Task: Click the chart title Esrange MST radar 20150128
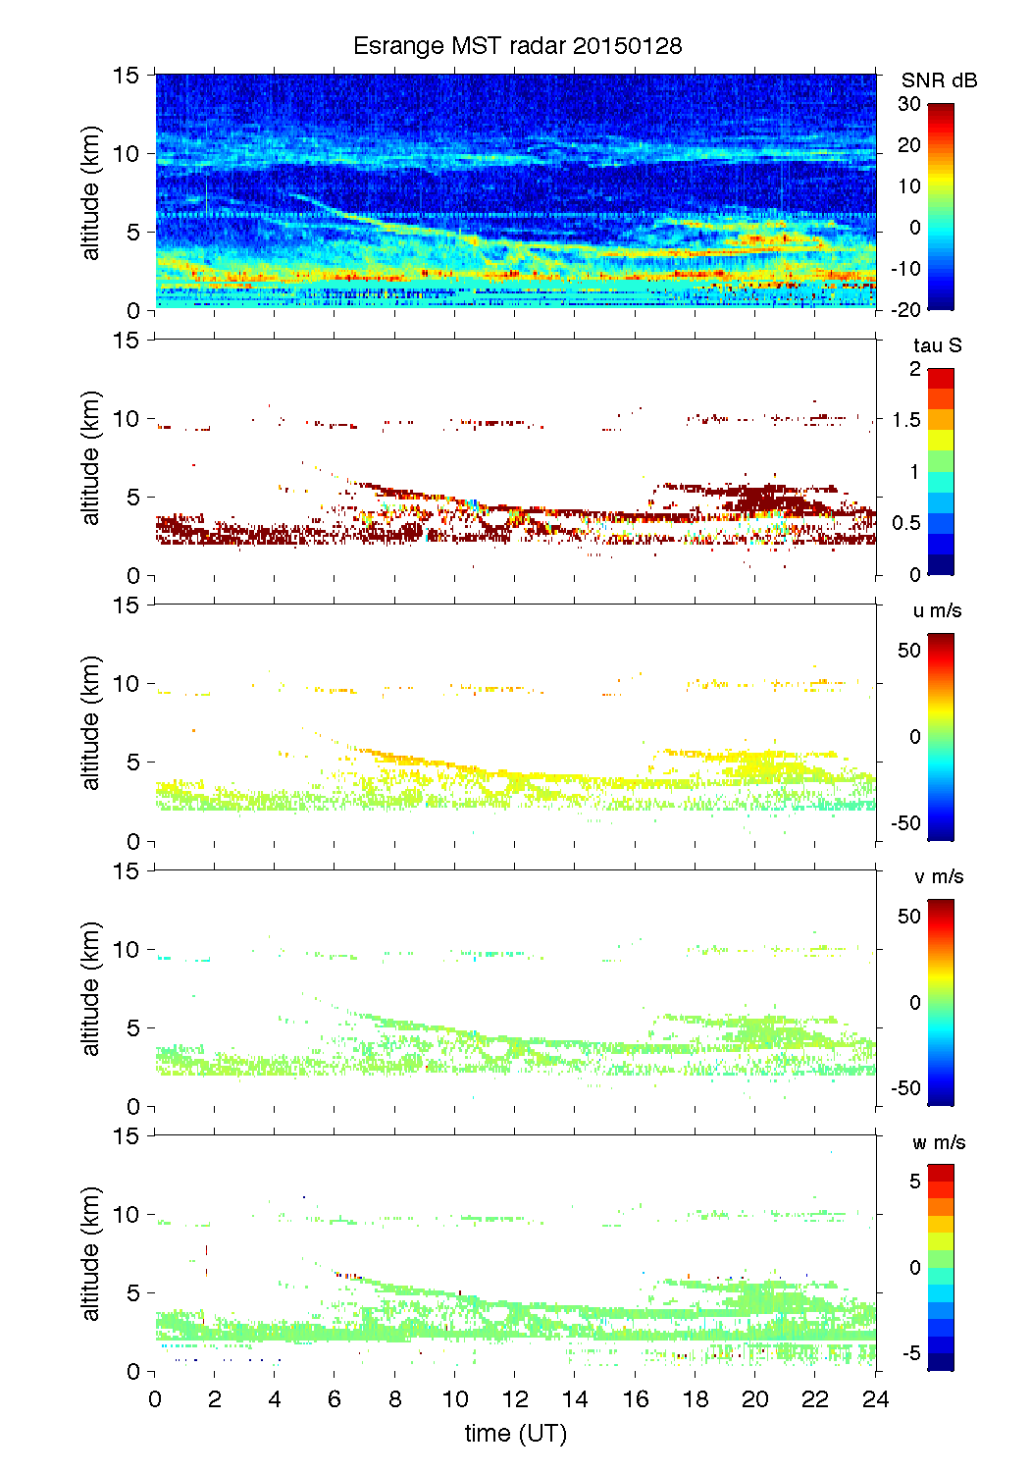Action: tap(517, 46)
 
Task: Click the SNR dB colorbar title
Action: tap(939, 80)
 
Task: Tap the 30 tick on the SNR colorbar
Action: tap(909, 104)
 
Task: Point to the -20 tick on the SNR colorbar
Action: tap(906, 309)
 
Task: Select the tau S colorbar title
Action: tap(937, 345)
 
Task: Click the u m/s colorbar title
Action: tap(937, 610)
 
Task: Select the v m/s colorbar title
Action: tap(939, 876)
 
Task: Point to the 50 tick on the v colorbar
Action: tap(909, 917)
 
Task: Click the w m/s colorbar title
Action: tap(939, 1142)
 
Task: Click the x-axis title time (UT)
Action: tap(516, 1434)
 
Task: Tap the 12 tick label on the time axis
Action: tap(515, 1399)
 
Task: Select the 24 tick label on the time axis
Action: tap(875, 1399)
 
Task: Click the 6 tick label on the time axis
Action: tap(335, 1399)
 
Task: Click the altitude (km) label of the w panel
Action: tap(91, 1253)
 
